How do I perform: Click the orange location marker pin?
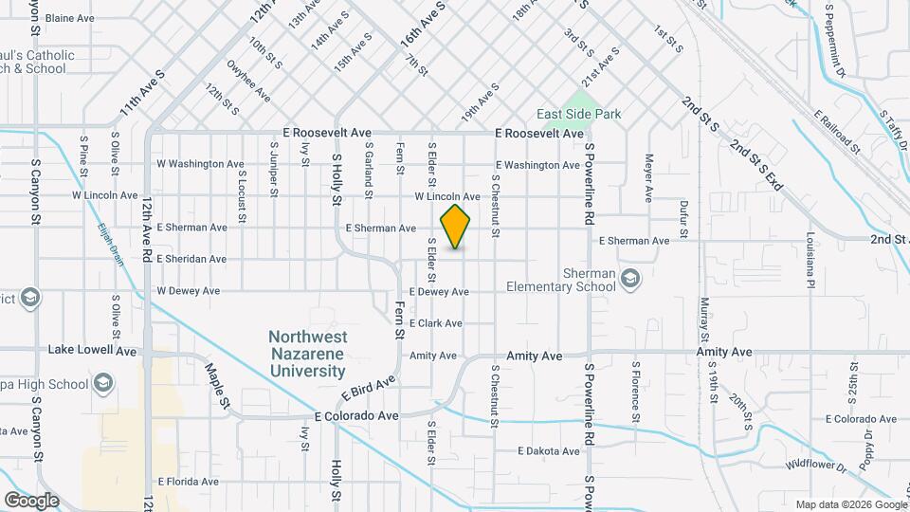(456, 226)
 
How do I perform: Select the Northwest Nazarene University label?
(307, 354)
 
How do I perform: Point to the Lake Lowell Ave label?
(92, 350)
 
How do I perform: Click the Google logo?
(32, 500)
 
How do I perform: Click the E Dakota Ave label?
(548, 451)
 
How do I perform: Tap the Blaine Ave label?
(70, 18)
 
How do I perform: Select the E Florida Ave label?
(189, 482)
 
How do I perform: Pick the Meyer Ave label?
(649, 178)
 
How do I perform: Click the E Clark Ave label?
(435, 323)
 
